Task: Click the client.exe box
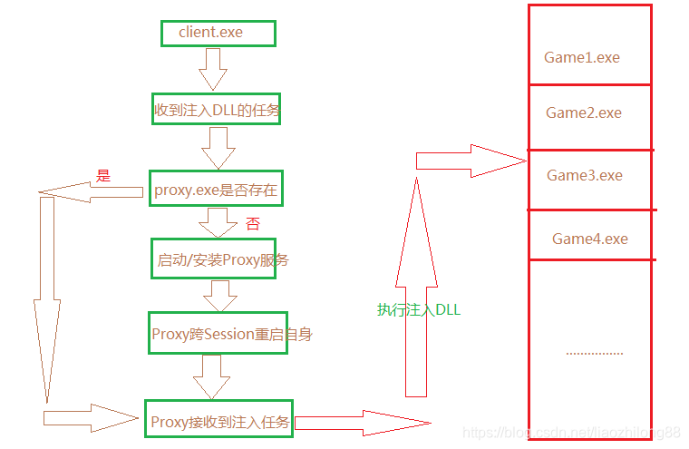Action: point(218,34)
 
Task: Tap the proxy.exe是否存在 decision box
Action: point(216,190)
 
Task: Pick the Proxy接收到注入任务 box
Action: point(218,421)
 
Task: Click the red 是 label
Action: point(103,176)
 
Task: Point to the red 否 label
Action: point(253,223)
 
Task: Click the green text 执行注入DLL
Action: point(419,309)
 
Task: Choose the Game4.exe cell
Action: point(589,239)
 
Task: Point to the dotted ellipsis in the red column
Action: point(595,352)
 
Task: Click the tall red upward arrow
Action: point(416,290)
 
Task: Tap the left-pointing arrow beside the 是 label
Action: point(91,191)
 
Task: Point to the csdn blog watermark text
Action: point(571,434)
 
